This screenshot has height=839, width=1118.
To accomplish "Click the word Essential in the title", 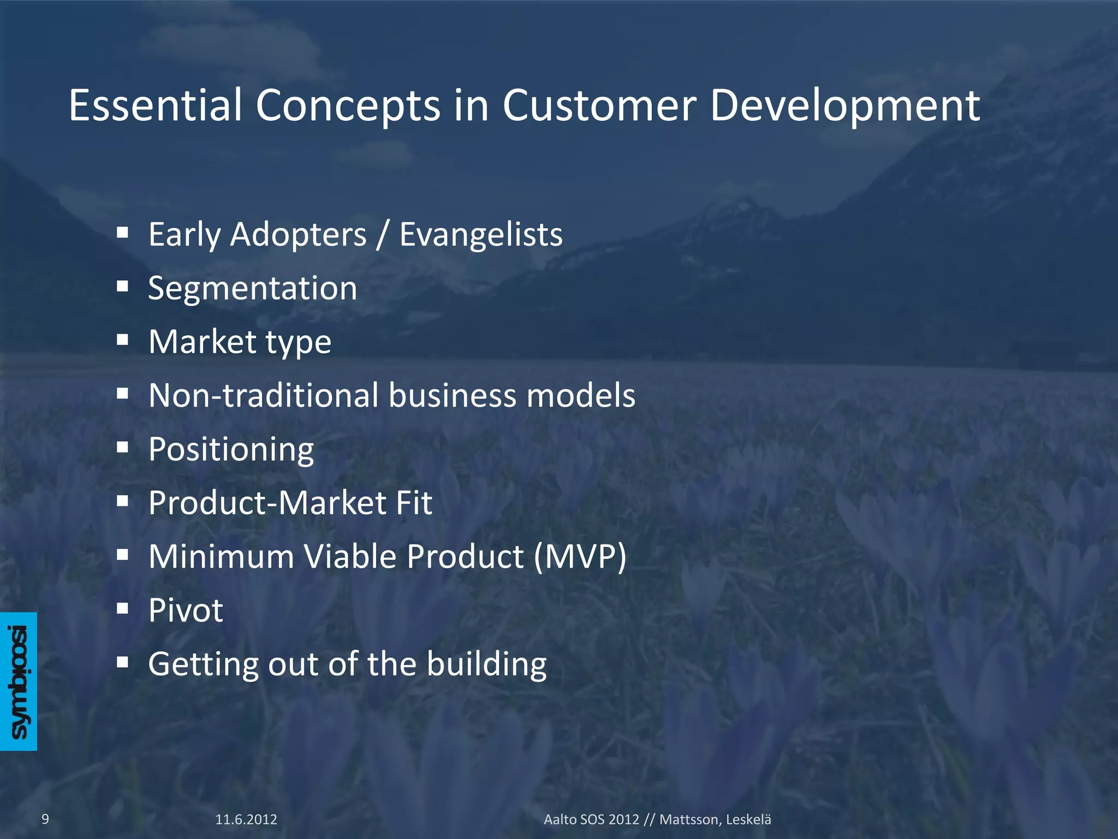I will tap(155, 105).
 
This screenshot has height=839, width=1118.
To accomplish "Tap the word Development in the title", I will tap(845, 106).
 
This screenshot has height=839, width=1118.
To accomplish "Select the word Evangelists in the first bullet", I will tap(480, 235).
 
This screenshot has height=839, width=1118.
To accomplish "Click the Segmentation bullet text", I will tap(252, 288).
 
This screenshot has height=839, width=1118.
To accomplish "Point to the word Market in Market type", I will tap(203, 342).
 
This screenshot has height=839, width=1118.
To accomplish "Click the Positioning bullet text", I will tap(231, 450).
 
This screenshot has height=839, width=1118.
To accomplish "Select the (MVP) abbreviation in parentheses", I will tap(580, 557).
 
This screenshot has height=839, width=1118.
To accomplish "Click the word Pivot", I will tap(186, 610).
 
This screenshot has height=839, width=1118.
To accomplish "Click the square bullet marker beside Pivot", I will tap(122, 608).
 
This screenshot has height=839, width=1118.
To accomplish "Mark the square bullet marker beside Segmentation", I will tap(122, 286).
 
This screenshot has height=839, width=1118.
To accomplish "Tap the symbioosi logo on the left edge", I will tap(19, 681).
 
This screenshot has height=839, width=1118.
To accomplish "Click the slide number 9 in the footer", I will tap(45, 819).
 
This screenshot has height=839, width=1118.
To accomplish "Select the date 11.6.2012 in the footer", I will tap(246, 819).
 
